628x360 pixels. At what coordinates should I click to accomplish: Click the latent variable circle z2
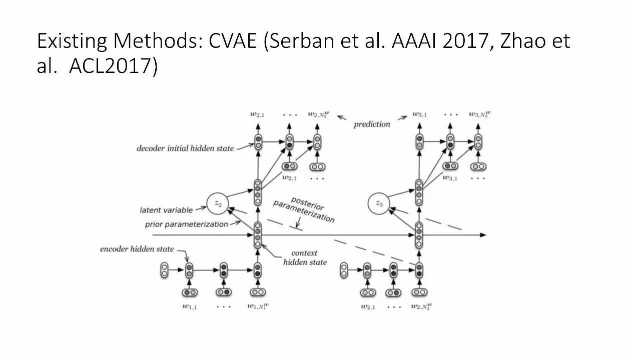click(x=218, y=202)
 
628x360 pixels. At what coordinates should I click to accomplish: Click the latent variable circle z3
click(x=379, y=203)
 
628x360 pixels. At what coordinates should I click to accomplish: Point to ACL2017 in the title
click(x=109, y=66)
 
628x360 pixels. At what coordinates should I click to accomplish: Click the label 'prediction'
click(x=372, y=124)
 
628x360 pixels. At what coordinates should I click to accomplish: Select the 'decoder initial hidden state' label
click(x=185, y=148)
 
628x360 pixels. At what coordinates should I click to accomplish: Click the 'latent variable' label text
click(x=166, y=210)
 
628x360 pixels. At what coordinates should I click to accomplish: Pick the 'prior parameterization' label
click(x=186, y=224)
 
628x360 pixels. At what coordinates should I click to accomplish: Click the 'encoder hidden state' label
click(x=137, y=249)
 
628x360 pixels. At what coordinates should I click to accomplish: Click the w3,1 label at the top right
click(x=419, y=114)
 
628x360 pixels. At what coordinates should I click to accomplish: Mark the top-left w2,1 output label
click(x=258, y=114)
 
